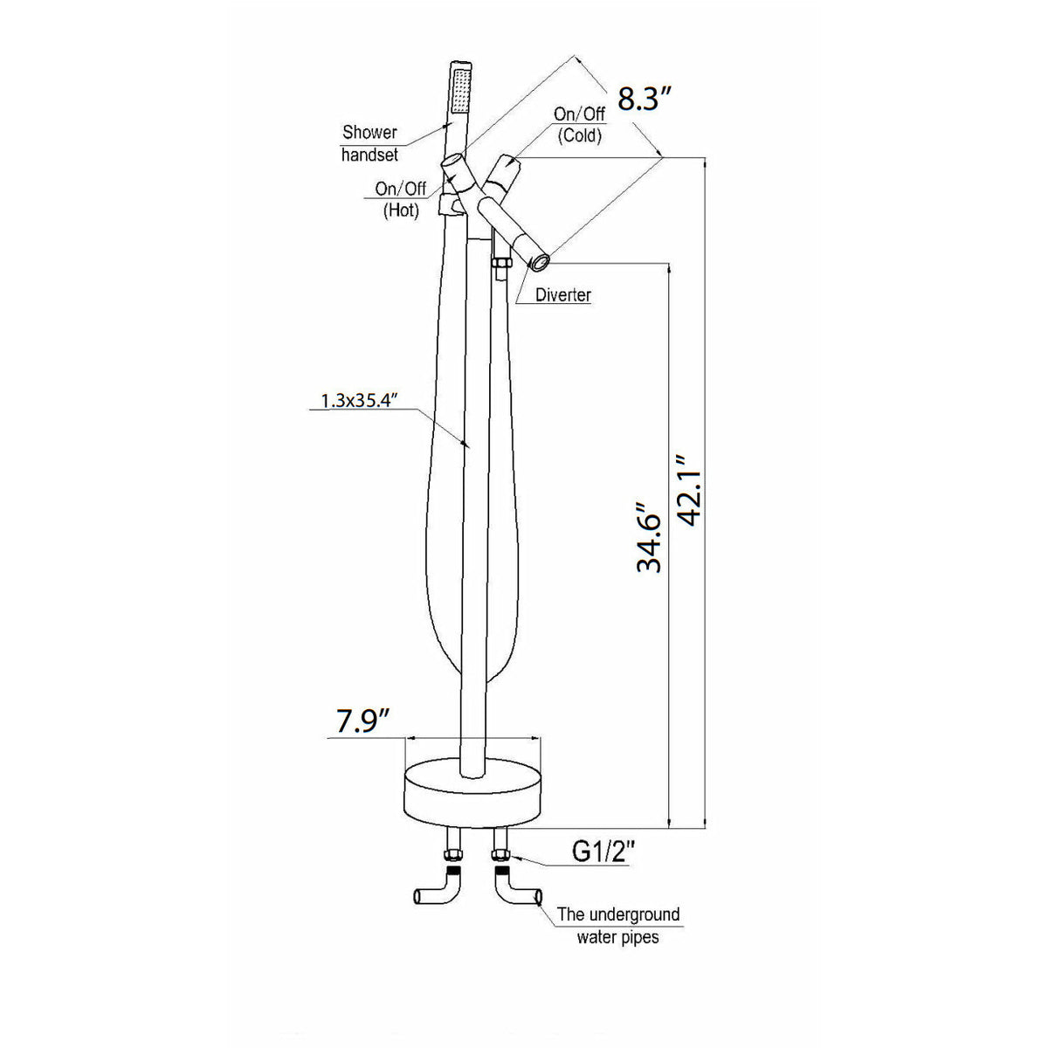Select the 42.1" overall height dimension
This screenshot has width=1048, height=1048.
[x=691, y=490]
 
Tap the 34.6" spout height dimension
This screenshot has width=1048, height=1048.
[x=649, y=537]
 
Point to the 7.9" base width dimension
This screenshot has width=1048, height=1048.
[x=362, y=721]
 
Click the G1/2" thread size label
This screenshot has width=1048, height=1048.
[x=603, y=851]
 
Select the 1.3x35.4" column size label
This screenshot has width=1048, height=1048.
[x=359, y=401]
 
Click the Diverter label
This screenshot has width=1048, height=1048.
[x=562, y=295]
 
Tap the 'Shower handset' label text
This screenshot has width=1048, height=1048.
[x=369, y=143]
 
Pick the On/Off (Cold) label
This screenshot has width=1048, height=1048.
[x=579, y=125]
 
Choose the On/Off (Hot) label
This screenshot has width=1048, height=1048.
[x=401, y=199]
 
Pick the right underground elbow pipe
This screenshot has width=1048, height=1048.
[x=515, y=891]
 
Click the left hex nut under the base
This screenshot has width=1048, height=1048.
[x=453, y=854]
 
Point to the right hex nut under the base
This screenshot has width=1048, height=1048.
[x=500, y=854]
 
